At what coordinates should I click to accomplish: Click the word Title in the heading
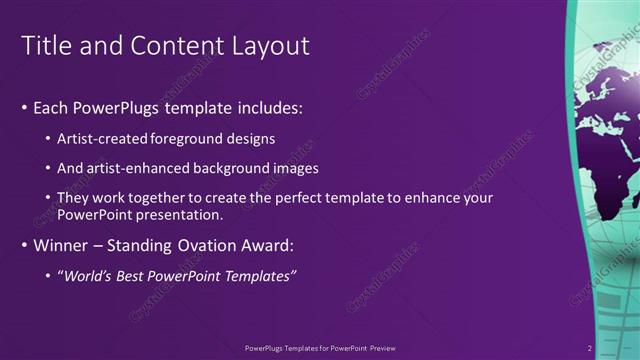[46, 46]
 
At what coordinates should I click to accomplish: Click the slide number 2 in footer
[590, 348]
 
